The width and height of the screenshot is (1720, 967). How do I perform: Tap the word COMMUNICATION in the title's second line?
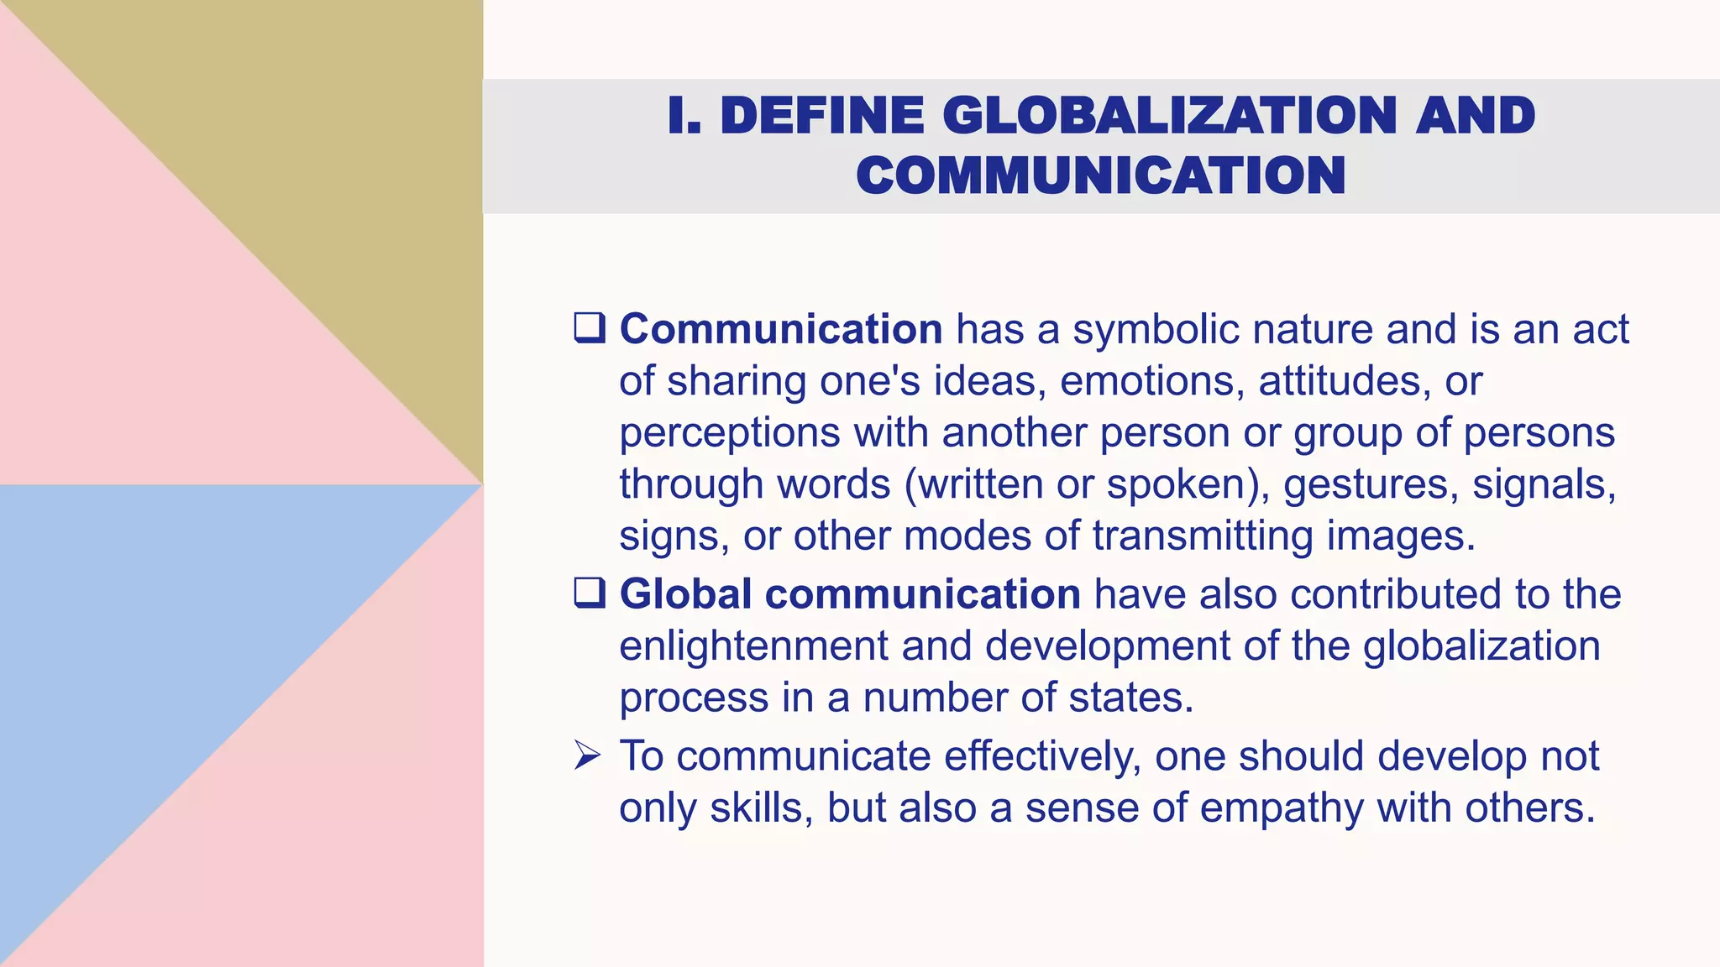(1101, 175)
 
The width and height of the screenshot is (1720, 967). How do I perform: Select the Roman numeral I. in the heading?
(684, 115)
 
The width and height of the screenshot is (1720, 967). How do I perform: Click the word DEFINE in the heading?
(822, 115)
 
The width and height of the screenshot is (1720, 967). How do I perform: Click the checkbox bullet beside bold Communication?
(590, 327)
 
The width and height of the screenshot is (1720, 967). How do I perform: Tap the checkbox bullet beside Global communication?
(590, 593)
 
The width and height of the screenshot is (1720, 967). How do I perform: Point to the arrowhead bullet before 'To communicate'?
(588, 755)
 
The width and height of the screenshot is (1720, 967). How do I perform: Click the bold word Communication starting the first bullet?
(781, 328)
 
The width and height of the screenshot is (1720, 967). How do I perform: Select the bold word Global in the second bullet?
(685, 593)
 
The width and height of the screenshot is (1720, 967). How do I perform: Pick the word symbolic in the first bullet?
(1156, 328)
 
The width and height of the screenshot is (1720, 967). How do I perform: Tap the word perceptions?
(729, 433)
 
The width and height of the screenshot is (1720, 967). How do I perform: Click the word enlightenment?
(752, 646)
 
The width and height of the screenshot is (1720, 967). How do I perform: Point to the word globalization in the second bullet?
(1481, 646)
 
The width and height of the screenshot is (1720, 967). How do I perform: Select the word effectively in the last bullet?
(1042, 755)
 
